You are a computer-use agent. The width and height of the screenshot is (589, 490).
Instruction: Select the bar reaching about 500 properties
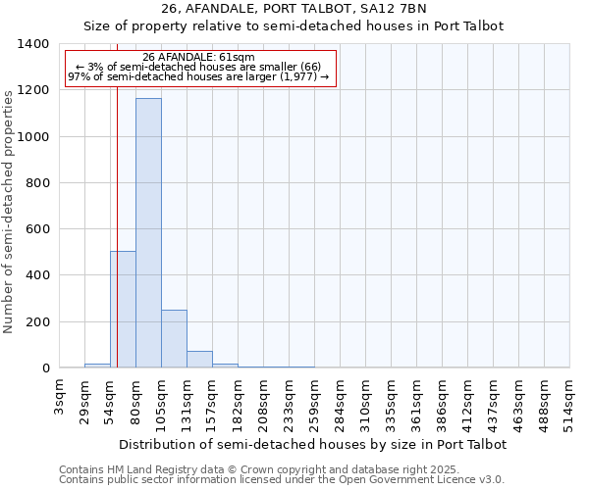tap(123, 310)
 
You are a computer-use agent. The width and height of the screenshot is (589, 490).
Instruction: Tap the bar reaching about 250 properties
tap(174, 339)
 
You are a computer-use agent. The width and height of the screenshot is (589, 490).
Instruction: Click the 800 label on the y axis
tap(37, 183)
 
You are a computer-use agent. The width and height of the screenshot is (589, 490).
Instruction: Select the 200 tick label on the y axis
tap(37, 322)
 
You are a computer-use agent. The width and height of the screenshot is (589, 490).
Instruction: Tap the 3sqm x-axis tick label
tap(59, 396)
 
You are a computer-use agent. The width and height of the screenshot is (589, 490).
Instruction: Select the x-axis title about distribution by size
tap(313, 444)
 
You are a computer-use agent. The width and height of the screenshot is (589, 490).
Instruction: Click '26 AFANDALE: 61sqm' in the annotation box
tap(198, 58)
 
